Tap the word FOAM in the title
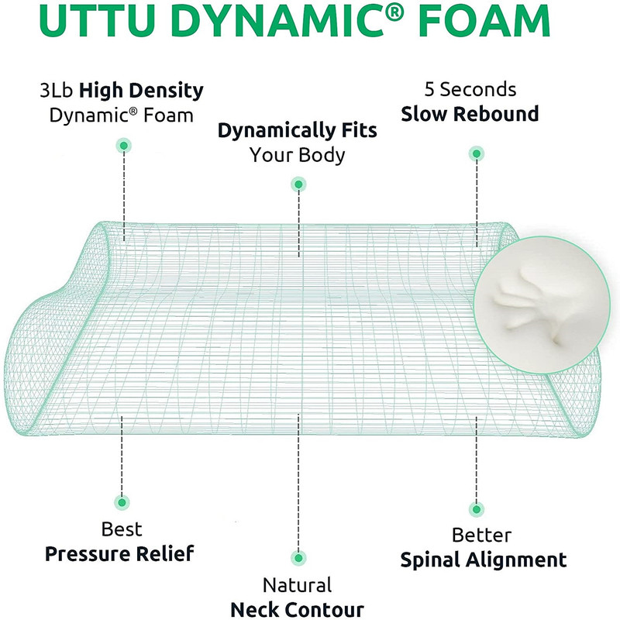[x=484, y=21]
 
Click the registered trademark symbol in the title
[x=394, y=14]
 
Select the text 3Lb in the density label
[x=57, y=90]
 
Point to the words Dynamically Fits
[x=298, y=131]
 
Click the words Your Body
[x=297, y=154]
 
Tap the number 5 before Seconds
[x=429, y=89]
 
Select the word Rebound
[x=496, y=113]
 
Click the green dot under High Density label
[x=124, y=146]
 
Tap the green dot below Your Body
[x=298, y=184]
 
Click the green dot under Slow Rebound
[x=477, y=153]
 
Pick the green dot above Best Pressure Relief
[x=122, y=502]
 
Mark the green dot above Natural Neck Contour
[x=298, y=558]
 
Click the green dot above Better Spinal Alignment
[x=477, y=509]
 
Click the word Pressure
[x=88, y=553]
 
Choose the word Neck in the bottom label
[x=254, y=609]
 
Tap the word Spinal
[x=430, y=560]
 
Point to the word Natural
[x=298, y=585]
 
